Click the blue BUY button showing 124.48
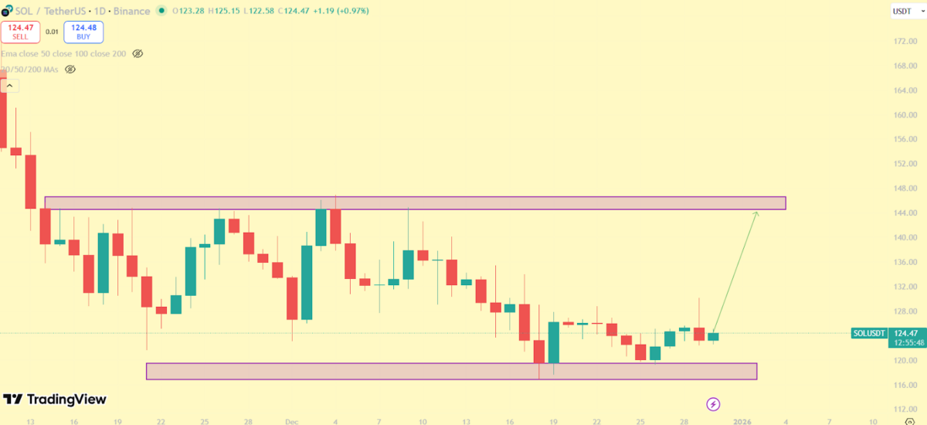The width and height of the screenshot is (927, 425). tap(83, 32)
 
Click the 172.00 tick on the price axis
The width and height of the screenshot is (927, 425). tap(905, 41)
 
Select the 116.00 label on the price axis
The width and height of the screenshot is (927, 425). tap(905, 385)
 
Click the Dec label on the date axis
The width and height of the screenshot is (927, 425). tap(290, 422)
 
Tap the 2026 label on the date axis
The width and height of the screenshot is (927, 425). tap(742, 422)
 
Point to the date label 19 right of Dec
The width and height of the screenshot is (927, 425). tap(553, 422)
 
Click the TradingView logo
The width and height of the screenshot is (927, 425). tap(55, 399)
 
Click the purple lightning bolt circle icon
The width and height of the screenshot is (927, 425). tap(714, 404)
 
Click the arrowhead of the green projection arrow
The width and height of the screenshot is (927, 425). tap(756, 212)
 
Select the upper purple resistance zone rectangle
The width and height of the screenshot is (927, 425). tap(415, 203)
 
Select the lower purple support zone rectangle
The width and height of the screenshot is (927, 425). tap(451, 371)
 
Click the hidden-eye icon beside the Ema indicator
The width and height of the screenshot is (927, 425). tap(138, 54)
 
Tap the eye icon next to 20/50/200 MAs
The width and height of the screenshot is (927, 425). tap(70, 70)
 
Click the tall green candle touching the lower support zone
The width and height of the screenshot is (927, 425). tap(553, 342)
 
